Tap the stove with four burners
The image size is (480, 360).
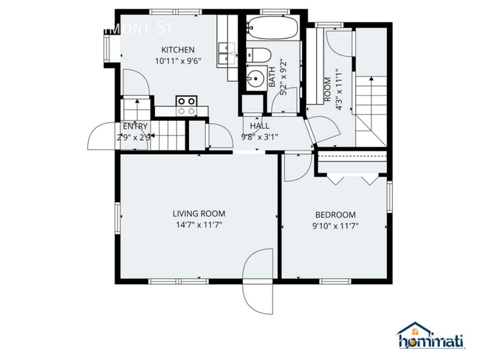pos(187,105)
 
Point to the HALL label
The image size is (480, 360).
pos(259,126)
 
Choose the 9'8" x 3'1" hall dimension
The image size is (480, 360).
pos(259,136)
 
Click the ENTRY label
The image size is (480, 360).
pos(135,126)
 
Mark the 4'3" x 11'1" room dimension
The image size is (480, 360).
pos(339,89)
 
